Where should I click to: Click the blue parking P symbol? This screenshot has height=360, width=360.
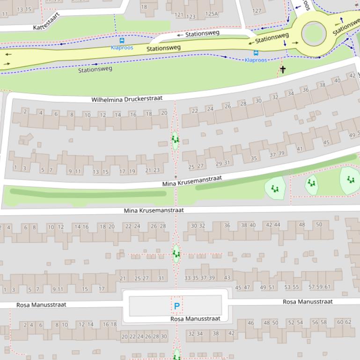click(x=176, y=306)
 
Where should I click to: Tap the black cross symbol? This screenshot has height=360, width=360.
click(x=283, y=70)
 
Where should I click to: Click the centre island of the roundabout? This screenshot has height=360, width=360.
click(x=313, y=34)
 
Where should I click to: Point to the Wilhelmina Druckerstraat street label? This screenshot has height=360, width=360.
click(x=127, y=99)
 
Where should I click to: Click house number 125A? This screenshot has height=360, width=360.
click(x=212, y=14)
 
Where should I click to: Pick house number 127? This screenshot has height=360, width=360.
click(x=257, y=11)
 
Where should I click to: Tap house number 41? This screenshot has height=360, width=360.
click(x=300, y=149)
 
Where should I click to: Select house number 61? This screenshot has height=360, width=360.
click(x=327, y=287)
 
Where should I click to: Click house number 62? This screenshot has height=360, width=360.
click(x=348, y=322)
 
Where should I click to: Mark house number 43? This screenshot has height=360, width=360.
click(x=227, y=278)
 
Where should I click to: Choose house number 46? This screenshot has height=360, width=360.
click(x=250, y=323)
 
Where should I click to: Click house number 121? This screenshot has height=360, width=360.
click(x=179, y=15)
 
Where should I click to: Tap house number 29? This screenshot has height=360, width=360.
click(x=219, y=164)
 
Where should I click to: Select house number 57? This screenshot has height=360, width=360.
click(x=312, y=287)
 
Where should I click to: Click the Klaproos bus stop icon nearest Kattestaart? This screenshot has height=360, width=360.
click(x=122, y=41)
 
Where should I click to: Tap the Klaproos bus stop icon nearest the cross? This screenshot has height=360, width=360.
click(x=256, y=53)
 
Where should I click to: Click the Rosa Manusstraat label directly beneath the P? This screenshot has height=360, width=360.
click(x=195, y=319)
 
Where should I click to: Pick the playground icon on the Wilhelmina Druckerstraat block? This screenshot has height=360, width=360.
click(x=175, y=139)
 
